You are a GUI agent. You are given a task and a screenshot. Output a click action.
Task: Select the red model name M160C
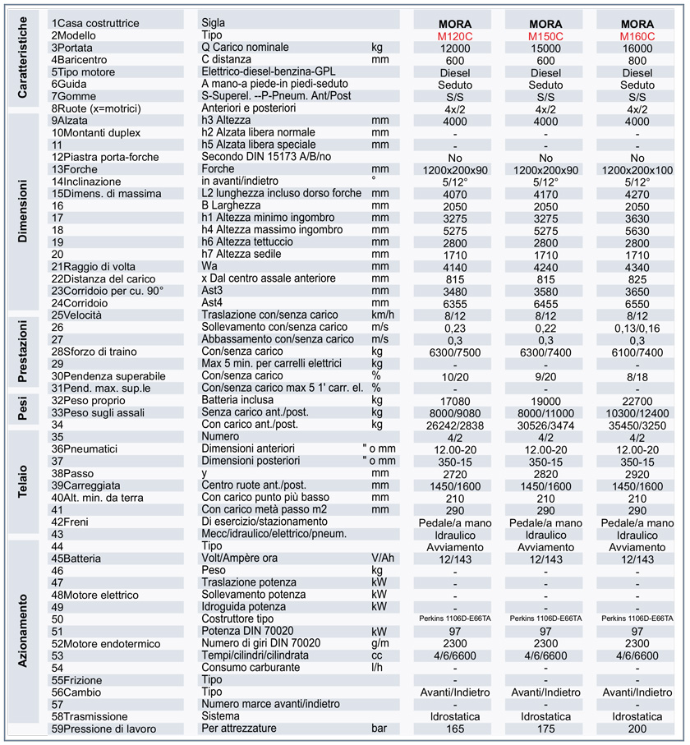[637, 36]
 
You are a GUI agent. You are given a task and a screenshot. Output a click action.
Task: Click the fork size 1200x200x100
[637, 169]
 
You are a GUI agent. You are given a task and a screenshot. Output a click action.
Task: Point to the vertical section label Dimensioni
[23, 216]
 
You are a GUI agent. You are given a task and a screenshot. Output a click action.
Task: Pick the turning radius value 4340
[637, 266]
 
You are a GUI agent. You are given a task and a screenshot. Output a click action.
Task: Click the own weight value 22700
[637, 400]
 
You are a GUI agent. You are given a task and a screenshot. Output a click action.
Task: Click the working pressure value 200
[637, 729]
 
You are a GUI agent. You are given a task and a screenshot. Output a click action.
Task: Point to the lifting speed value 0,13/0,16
[637, 327]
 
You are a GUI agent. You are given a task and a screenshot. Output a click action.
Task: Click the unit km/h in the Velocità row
[384, 315]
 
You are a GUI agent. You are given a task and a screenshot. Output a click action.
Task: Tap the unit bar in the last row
[379, 729]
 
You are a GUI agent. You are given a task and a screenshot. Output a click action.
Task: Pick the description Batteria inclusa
[239, 400]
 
